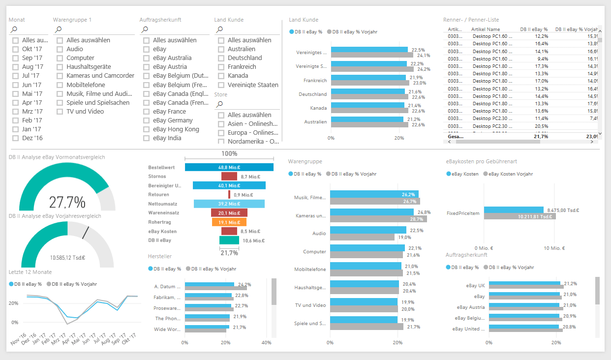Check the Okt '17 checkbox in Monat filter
coord(16,49)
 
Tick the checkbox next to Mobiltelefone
coord(60,85)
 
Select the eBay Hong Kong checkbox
coord(147,129)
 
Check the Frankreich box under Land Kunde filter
coord(221,67)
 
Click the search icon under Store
coord(219,104)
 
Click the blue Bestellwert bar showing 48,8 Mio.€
coord(229,167)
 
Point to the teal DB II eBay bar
coord(229,240)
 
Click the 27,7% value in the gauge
coord(67,202)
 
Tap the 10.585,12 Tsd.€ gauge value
coord(67,257)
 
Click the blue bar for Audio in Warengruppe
coord(368,230)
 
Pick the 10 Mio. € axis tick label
coord(554,248)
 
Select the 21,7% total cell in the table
coord(540,137)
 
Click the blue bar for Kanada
coord(367,105)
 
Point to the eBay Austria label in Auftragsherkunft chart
coord(470,307)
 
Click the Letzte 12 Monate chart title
coord(30,271)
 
